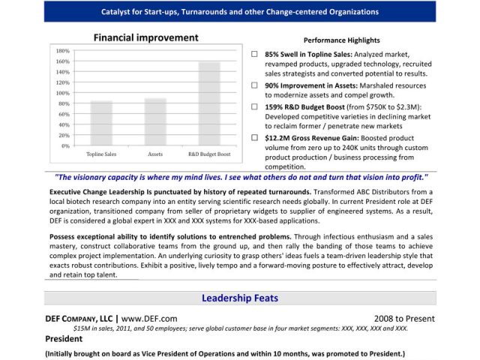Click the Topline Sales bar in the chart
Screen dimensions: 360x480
click(x=101, y=123)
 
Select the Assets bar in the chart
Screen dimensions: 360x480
click(x=155, y=121)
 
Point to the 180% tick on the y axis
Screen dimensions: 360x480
click(x=63, y=51)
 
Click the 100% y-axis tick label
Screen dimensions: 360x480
click(x=63, y=93)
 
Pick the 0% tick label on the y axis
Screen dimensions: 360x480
click(x=65, y=145)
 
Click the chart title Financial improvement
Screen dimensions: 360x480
click(x=145, y=37)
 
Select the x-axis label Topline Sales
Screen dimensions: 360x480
click(x=101, y=154)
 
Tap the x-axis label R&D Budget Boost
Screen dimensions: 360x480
click(x=209, y=154)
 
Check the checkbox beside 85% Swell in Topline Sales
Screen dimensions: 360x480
click(x=255, y=55)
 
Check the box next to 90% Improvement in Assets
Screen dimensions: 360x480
click(x=255, y=86)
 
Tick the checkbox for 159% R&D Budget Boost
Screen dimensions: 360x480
click(x=255, y=107)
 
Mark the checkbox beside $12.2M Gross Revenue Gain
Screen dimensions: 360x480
click(x=255, y=138)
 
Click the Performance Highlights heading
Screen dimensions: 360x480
click(x=341, y=40)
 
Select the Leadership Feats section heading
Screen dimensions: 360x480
click(x=239, y=298)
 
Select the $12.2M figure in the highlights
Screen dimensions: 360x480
click(x=277, y=138)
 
